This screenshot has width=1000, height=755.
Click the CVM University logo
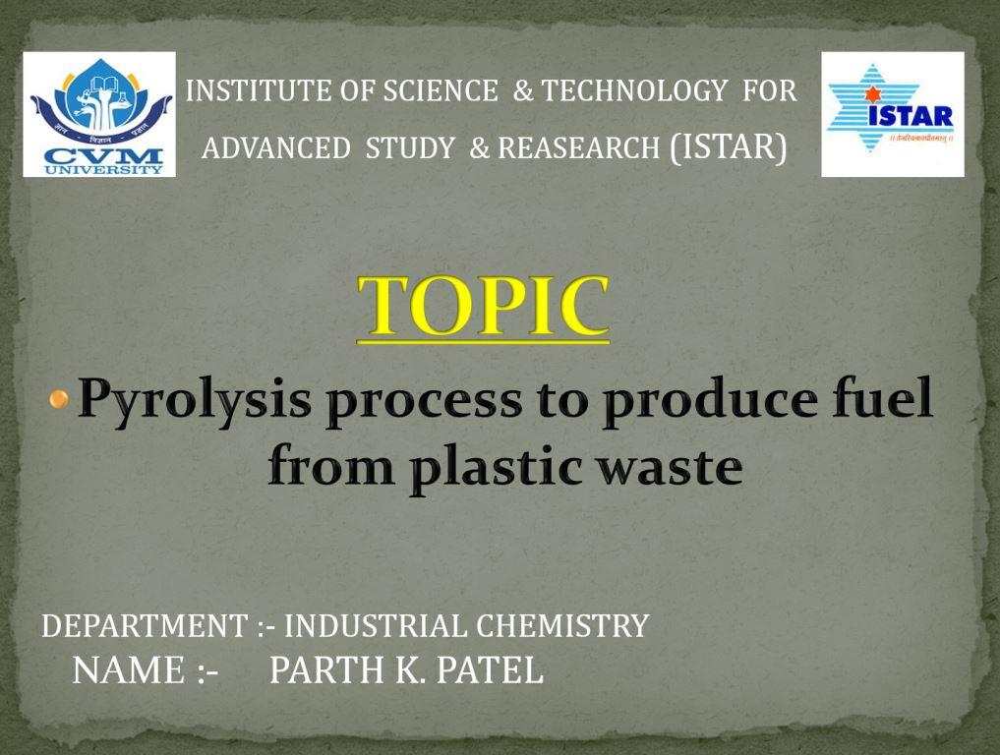99,114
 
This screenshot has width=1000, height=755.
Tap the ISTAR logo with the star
892,114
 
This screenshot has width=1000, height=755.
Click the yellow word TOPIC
483,306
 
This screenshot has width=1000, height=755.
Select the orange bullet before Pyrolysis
59,399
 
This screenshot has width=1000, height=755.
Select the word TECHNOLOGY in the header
634,90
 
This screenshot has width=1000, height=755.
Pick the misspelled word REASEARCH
578,147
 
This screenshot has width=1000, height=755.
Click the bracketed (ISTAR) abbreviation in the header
729,146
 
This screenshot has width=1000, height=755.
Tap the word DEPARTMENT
145,625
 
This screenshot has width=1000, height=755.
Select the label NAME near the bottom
128,670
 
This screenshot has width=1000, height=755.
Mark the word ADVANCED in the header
276,147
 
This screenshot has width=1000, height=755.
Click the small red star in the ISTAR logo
872,95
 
